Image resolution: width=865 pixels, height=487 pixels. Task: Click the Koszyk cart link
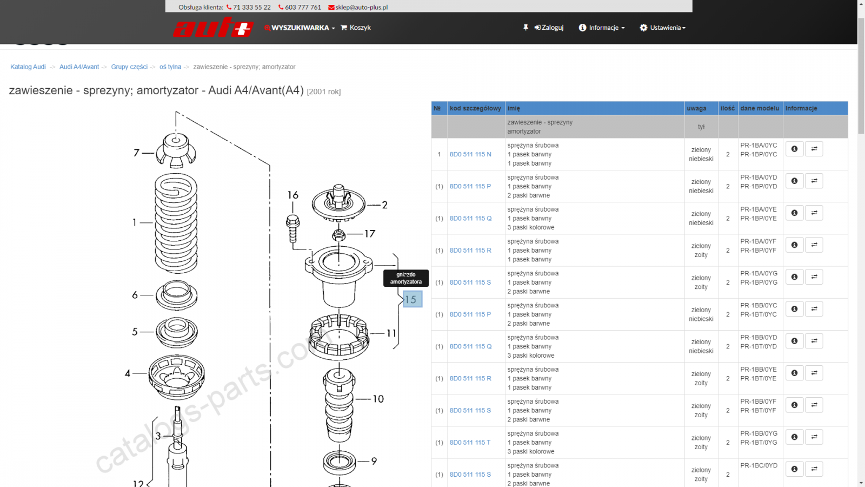coord(356,28)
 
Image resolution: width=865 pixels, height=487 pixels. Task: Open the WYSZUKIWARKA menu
coord(300,28)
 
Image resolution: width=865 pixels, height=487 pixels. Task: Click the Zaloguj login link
coord(549,28)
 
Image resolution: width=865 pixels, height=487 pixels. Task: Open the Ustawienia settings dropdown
coord(663,28)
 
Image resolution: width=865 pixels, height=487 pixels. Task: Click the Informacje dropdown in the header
coord(602,28)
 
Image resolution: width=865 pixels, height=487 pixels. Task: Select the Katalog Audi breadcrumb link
coord(28,67)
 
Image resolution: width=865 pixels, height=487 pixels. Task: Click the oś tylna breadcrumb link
coord(170,67)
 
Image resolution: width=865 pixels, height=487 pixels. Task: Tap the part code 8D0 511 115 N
coord(470,154)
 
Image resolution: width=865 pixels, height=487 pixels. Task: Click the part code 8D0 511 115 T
coord(470,443)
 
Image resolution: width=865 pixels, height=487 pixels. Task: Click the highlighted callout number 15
coord(412,299)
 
